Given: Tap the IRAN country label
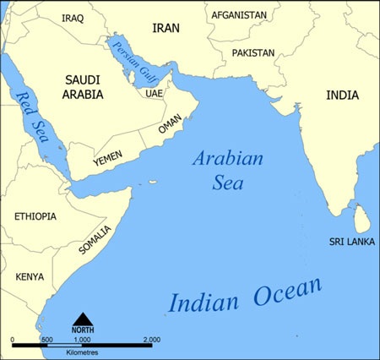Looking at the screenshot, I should [166, 28].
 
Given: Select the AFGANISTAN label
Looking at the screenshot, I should [239, 15].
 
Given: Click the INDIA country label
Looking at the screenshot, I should [341, 95].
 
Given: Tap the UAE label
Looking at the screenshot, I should [154, 93].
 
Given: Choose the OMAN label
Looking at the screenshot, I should [170, 127].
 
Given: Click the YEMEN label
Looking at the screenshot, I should [109, 158].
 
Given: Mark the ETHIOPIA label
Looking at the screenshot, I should [35, 216].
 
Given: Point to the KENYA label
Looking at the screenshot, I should [30, 276].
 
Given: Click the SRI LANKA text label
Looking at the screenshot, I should [350, 242].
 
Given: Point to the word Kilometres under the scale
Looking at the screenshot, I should [83, 351].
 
